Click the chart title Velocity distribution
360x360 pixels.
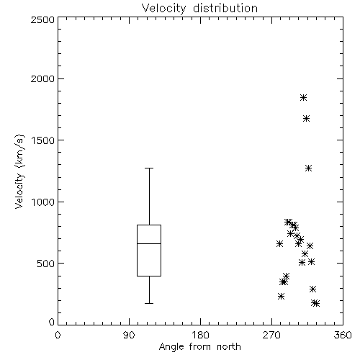coord(199,9)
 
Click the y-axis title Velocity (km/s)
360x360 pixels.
coord(19,171)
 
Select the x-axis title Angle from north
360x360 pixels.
coord(199,347)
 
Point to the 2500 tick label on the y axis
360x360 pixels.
coord(43,19)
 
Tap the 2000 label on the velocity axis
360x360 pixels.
coord(43,78)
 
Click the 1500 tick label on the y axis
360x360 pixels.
coord(43,140)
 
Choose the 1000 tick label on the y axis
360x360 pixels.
coord(43,202)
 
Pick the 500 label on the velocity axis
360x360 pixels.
coord(46,264)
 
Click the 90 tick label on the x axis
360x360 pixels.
coord(129,335)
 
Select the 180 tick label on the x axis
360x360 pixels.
coord(200,335)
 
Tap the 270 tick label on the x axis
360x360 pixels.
coord(271,335)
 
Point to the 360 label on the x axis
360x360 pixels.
coord(343,335)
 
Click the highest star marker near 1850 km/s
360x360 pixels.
coord(304,98)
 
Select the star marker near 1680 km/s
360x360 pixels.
coord(306,119)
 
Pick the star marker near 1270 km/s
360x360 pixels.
coord(309,168)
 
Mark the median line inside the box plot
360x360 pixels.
coord(149,243)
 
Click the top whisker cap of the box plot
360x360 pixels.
coord(149,168)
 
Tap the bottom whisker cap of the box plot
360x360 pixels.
coord(149,304)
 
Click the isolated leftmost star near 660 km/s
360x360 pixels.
coord(279,244)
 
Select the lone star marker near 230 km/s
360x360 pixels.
coord(281,297)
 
